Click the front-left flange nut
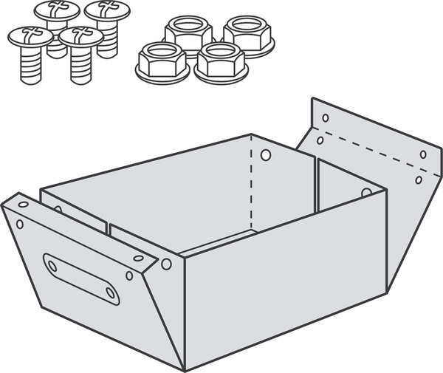click(162, 59)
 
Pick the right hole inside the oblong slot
click(109, 292)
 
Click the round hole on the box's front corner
click(167, 264)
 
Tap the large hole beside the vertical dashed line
click(266, 156)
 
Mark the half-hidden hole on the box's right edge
click(366, 192)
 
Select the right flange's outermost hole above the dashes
click(423, 154)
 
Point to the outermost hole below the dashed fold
click(419, 179)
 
